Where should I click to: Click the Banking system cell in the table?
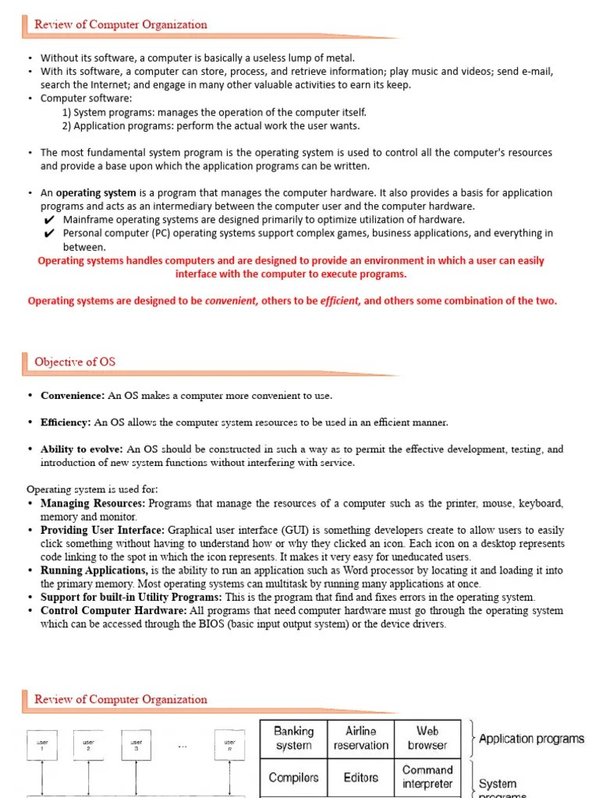point(293,738)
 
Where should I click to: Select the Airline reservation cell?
point(360,738)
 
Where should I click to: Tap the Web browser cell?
point(427,738)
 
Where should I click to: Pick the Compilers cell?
point(293,777)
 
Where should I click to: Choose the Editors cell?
point(360,777)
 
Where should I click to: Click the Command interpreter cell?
point(427,776)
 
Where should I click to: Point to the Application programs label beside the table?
point(531,739)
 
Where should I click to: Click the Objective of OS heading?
point(75,362)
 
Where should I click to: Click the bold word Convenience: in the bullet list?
point(73,395)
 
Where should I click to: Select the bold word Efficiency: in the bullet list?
point(66,422)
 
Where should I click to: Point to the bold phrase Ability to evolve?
point(82,449)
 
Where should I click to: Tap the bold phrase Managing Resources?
point(93,503)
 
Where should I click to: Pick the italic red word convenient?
point(232,301)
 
